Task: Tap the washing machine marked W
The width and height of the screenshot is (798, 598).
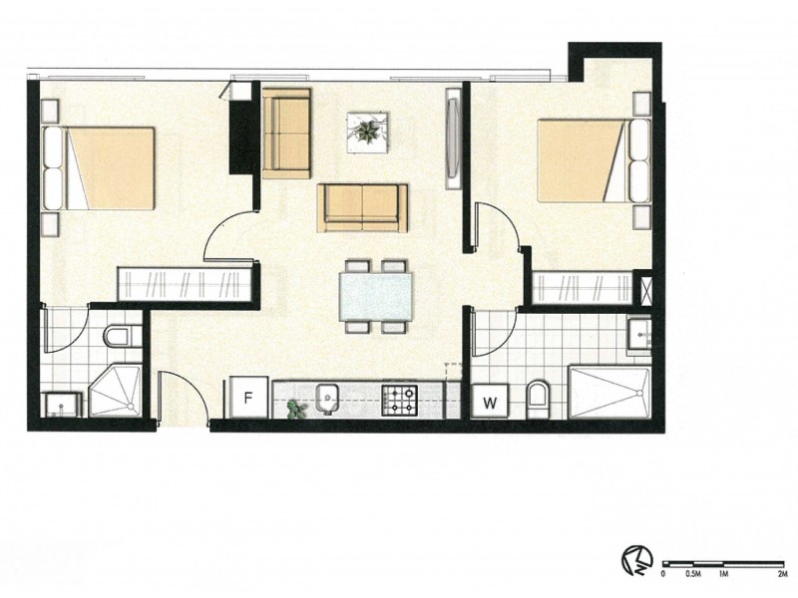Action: [x=491, y=402]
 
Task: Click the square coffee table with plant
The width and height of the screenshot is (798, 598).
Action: [x=367, y=132]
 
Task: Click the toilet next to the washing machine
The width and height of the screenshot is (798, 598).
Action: [x=538, y=401]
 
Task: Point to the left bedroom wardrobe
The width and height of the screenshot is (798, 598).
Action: [x=185, y=283]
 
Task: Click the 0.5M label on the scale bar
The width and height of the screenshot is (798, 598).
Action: [x=693, y=573]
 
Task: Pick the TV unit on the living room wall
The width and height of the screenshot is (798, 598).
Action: [x=455, y=139]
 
